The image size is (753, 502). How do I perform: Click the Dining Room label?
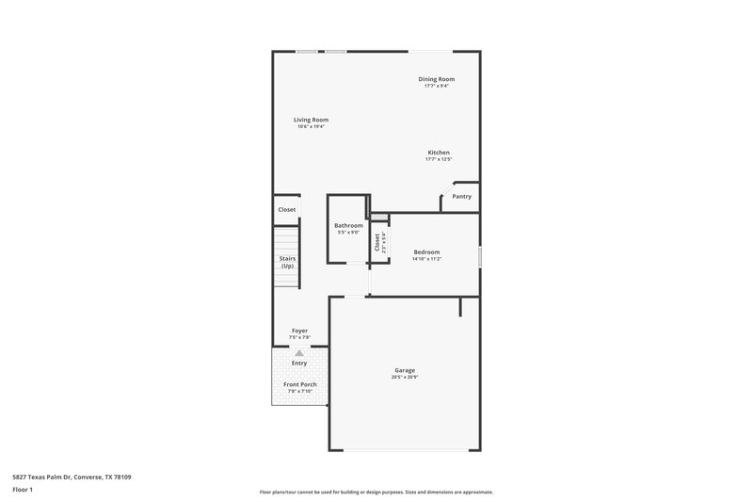[x=437, y=79]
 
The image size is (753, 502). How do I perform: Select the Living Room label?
[x=311, y=120]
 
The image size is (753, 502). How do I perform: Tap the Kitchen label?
[x=439, y=153]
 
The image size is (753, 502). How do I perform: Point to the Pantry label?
[x=461, y=197]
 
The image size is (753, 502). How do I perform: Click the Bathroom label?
[x=348, y=225]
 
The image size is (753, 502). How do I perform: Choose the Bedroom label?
[x=426, y=251]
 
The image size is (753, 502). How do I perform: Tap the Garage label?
[x=405, y=370]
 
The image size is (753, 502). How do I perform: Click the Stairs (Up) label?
[x=287, y=262]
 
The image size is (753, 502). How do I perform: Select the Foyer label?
[x=299, y=331]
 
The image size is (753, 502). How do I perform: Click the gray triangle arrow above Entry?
[x=299, y=353]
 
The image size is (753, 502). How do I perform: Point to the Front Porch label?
[x=299, y=383]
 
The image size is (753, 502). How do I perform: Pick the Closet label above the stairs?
[x=287, y=210]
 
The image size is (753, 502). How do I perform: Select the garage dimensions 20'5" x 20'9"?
[x=405, y=378]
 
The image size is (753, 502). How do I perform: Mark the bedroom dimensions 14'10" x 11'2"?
[x=426, y=259]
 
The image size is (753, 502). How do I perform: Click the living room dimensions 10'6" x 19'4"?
[x=311, y=127]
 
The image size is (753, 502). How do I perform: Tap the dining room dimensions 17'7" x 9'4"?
[x=437, y=87]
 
